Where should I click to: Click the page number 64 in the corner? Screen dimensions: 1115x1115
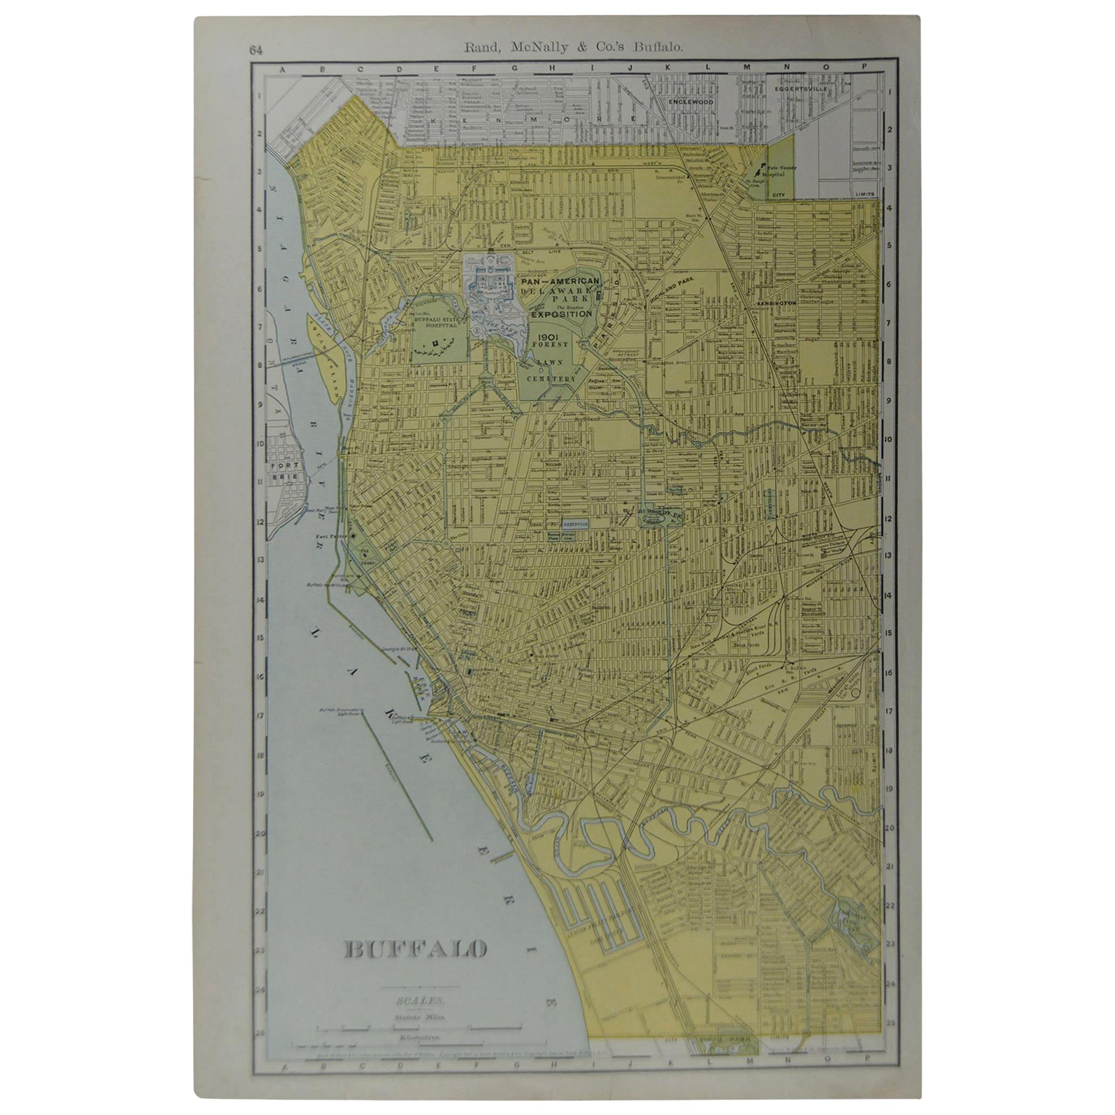[x=257, y=50]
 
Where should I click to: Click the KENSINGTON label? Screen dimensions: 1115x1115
[x=776, y=303]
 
